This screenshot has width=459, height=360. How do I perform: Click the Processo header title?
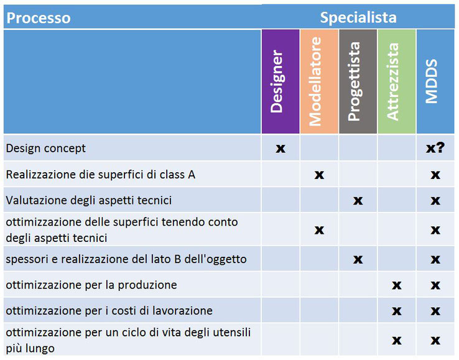click(x=39, y=18)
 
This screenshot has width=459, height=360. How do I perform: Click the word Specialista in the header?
click(x=358, y=17)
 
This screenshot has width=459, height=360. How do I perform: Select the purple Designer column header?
click(x=280, y=81)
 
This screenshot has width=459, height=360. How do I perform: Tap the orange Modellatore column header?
click(x=319, y=81)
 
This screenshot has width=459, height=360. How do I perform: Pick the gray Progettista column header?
click(x=358, y=81)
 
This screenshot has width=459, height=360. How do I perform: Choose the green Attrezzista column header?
click(x=397, y=81)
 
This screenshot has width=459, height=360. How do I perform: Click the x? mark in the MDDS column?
click(x=435, y=148)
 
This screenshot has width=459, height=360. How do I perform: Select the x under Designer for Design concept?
click(x=280, y=149)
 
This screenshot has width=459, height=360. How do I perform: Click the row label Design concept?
click(x=45, y=149)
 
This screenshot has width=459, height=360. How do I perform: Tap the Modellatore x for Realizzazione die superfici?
click(x=319, y=175)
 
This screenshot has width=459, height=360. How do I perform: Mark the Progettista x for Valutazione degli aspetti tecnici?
click(x=358, y=201)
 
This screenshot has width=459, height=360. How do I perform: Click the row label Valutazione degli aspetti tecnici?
click(x=89, y=201)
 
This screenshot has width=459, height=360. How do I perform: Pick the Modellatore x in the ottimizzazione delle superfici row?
click(x=319, y=230)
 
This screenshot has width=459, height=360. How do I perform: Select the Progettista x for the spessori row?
click(x=358, y=259)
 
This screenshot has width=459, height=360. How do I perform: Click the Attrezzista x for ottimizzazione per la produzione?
click(x=397, y=285)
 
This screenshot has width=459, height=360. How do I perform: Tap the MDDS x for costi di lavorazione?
click(x=435, y=311)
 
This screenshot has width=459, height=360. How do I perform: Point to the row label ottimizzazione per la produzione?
click(x=91, y=285)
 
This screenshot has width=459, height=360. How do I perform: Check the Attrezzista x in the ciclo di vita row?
click(x=397, y=340)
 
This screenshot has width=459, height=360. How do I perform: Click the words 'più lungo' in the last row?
click(x=30, y=349)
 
